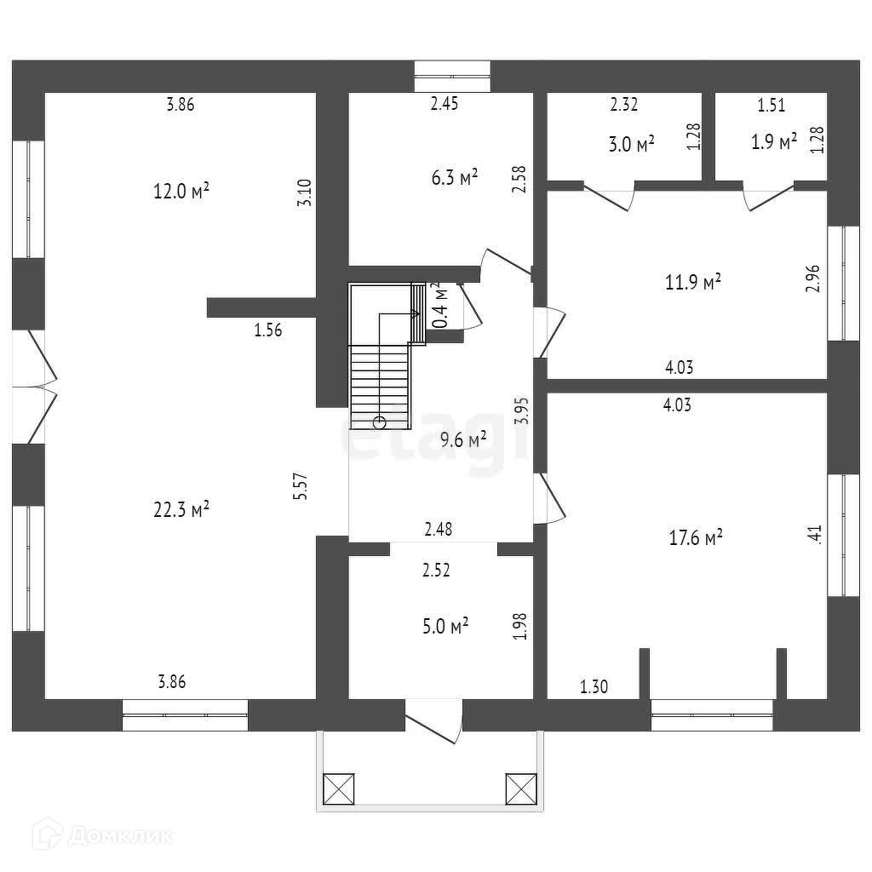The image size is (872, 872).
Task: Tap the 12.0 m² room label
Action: tap(181, 191)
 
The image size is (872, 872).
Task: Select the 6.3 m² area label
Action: tap(454, 177)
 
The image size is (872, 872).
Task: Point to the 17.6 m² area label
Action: tap(696, 536)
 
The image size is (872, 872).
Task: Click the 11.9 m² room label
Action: tap(693, 281)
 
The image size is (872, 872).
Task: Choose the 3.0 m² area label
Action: tap(631, 143)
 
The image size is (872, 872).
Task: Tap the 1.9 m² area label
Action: tap(774, 141)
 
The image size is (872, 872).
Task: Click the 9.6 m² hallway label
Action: tap(463, 439)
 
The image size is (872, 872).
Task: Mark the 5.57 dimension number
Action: tap(299, 486)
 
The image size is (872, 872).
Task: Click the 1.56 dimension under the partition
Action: tap(267, 330)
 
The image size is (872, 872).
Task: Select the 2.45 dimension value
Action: tap(445, 105)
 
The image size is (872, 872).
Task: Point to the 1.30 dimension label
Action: tap(594, 686)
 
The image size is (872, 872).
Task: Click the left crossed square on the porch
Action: tap(338, 788)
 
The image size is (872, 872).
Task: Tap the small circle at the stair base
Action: tap(379, 422)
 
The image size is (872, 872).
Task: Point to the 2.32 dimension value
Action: tap(624, 105)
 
